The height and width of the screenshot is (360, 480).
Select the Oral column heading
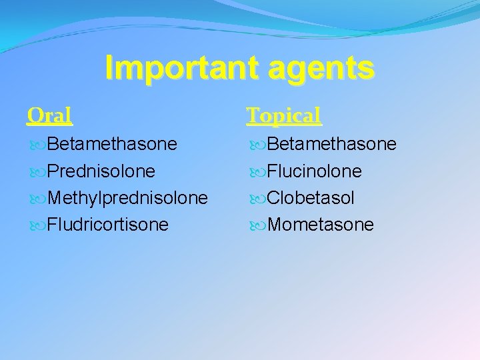pyautogui.click(x=49, y=115)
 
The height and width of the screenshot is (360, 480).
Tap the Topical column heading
pyautogui.click(x=283, y=115)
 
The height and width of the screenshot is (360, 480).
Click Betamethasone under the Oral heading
pyautogui.click(x=112, y=144)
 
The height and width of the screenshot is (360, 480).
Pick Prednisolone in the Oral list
pyautogui.click(x=101, y=171)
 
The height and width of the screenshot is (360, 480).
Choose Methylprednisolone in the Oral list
pyautogui.click(x=127, y=198)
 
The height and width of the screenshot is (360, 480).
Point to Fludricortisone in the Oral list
pyautogui.click(x=107, y=225)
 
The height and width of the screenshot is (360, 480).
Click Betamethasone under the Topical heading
pyautogui.click(x=331, y=144)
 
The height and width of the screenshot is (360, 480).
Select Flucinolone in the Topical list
pyautogui.click(x=314, y=171)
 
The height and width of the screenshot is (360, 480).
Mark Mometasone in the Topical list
pyautogui.click(x=320, y=225)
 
